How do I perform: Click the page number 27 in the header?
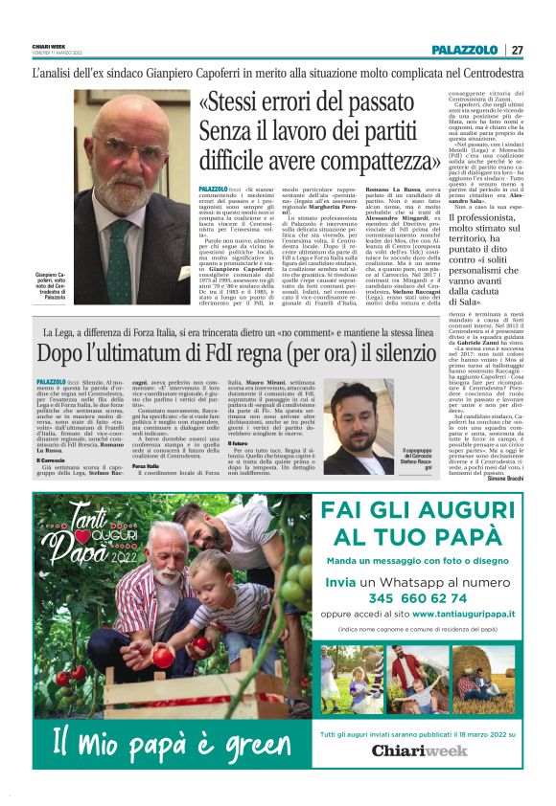[x=517, y=50]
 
